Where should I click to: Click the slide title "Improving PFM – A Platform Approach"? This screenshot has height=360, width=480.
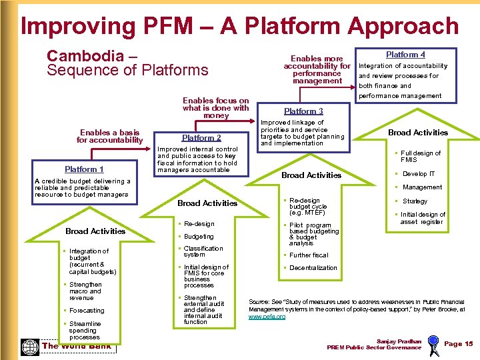click(x=239, y=26)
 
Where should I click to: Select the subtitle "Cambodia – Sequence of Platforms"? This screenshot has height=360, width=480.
click(x=127, y=63)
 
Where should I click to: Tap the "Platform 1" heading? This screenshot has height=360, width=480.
click(x=84, y=169)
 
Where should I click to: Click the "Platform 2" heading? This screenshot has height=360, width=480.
click(x=201, y=138)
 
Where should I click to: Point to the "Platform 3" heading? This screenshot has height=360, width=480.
click(x=303, y=111)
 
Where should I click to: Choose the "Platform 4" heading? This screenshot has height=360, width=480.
click(x=405, y=55)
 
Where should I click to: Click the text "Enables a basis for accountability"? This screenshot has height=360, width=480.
click(x=109, y=137)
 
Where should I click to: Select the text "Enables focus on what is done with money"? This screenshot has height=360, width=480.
click(x=215, y=108)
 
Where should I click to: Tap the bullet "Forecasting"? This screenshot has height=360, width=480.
click(x=87, y=311)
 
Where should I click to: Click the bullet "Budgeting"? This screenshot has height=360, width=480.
click(x=199, y=237)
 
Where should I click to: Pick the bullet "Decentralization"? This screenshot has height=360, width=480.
click(x=313, y=268)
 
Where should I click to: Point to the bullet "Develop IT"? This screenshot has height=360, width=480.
click(x=419, y=174)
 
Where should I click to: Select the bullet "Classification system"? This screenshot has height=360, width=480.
click(x=203, y=251)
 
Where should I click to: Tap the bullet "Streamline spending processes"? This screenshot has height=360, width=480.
click(x=85, y=331)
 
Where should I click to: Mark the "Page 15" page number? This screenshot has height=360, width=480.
click(x=458, y=344)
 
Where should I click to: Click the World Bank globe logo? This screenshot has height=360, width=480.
click(x=30, y=347)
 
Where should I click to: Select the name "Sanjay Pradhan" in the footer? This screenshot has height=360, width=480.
click(x=399, y=341)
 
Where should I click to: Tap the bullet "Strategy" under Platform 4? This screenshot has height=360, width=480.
click(x=415, y=201)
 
